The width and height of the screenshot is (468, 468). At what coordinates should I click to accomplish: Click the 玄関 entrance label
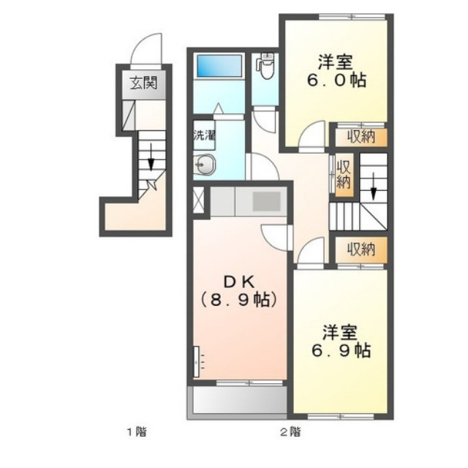point(143,83)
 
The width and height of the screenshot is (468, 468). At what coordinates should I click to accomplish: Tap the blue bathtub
point(219,66)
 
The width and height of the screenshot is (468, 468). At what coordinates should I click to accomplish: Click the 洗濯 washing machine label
point(204,136)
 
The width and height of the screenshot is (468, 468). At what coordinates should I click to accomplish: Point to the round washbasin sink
point(205,164)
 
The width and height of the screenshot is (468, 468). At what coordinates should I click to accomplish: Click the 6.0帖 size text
point(336,80)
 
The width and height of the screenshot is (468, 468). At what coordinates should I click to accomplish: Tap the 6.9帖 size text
point(341,350)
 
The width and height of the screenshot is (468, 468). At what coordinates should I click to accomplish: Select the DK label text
point(239,282)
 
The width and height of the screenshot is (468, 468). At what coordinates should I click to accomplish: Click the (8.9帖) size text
point(239,300)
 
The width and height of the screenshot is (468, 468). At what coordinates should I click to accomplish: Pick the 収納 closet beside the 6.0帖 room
point(361,137)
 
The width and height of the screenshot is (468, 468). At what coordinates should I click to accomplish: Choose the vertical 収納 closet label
point(344,175)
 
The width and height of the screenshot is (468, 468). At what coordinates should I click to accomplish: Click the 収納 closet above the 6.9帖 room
point(361,249)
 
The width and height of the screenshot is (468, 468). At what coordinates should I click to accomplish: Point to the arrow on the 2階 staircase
point(373,185)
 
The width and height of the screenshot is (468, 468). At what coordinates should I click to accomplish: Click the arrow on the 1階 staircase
point(151,157)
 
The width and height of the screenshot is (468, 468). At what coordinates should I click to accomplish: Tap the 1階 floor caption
point(137,432)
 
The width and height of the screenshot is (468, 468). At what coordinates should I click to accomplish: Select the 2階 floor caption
point(291,432)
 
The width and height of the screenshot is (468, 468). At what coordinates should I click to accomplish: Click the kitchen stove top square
point(266,202)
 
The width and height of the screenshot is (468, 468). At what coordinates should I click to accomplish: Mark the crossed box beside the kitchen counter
point(198,200)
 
